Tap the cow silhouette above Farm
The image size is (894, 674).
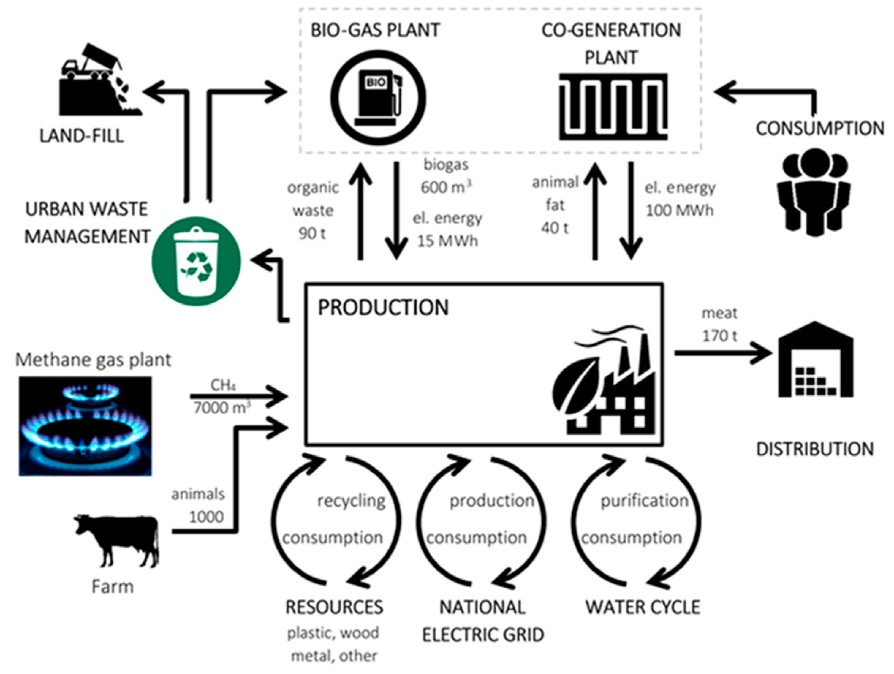[x=117, y=539]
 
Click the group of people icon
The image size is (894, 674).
[x=814, y=192]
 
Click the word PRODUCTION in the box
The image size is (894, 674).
[x=383, y=308]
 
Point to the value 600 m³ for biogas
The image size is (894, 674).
[x=446, y=187]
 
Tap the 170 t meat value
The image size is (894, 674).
[x=720, y=336]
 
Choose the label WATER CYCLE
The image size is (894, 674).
[x=643, y=607]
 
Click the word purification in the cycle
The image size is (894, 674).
[x=644, y=501]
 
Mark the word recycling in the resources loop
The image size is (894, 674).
[x=351, y=501]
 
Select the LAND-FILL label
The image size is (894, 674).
[x=82, y=136]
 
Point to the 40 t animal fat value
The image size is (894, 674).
[x=555, y=228]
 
